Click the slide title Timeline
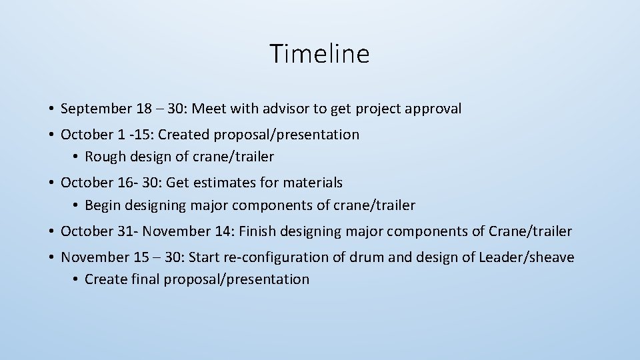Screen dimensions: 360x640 pyautogui.click(x=319, y=53)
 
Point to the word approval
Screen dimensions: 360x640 pyautogui.click(x=431, y=109)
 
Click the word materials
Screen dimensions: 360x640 pyautogui.click(x=313, y=183)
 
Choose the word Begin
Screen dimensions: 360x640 pyautogui.click(x=103, y=205)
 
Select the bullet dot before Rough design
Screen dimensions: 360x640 pyautogui.click(x=76, y=157)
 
